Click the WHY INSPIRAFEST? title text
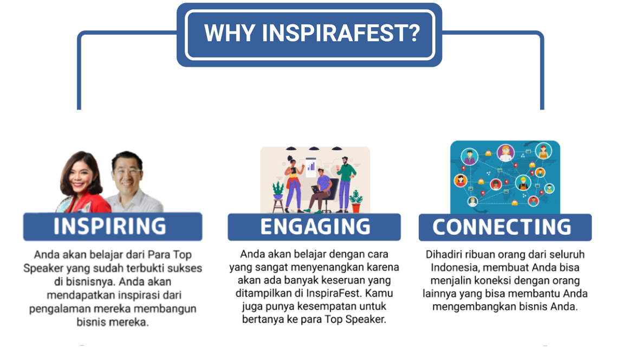312,33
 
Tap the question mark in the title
414,33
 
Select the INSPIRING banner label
110,226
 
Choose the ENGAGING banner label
315,227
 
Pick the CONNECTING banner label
502,227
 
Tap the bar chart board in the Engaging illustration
311,167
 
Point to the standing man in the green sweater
346,183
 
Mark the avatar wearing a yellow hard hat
523,183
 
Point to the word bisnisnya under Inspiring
85,282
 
